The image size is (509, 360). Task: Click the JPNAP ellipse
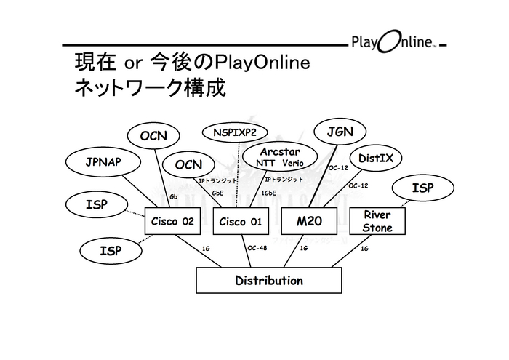(x=103, y=162)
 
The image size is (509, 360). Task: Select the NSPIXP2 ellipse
(x=235, y=132)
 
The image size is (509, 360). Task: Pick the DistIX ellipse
(x=375, y=158)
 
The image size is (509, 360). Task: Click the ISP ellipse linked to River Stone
(x=422, y=188)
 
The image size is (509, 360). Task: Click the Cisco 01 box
(x=240, y=221)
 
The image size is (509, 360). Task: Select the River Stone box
(x=377, y=221)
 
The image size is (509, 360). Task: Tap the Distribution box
(x=269, y=280)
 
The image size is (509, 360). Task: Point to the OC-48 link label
(x=258, y=248)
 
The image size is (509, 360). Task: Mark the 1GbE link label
(x=269, y=193)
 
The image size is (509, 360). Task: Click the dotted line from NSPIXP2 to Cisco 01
(x=237, y=175)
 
